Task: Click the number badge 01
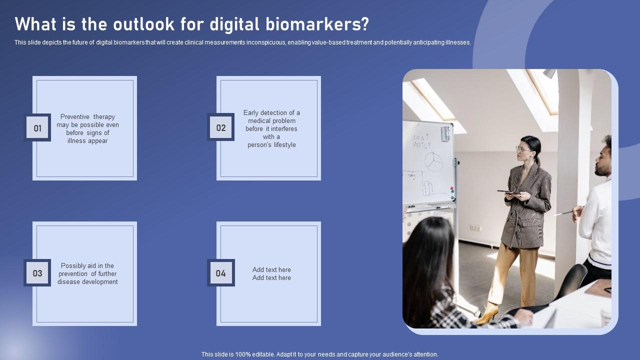coord(37,128)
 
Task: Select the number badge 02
coord(221,127)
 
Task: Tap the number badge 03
coord(37,273)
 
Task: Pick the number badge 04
coord(221,273)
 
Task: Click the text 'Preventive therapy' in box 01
coord(87,117)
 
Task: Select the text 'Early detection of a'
coord(271,113)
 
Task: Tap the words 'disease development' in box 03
coord(87,282)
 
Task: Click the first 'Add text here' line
coord(271,270)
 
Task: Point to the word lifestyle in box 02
coord(284,145)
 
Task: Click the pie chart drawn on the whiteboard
coord(433,161)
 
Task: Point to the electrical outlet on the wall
coord(476,228)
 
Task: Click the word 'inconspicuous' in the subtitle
coord(266,42)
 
